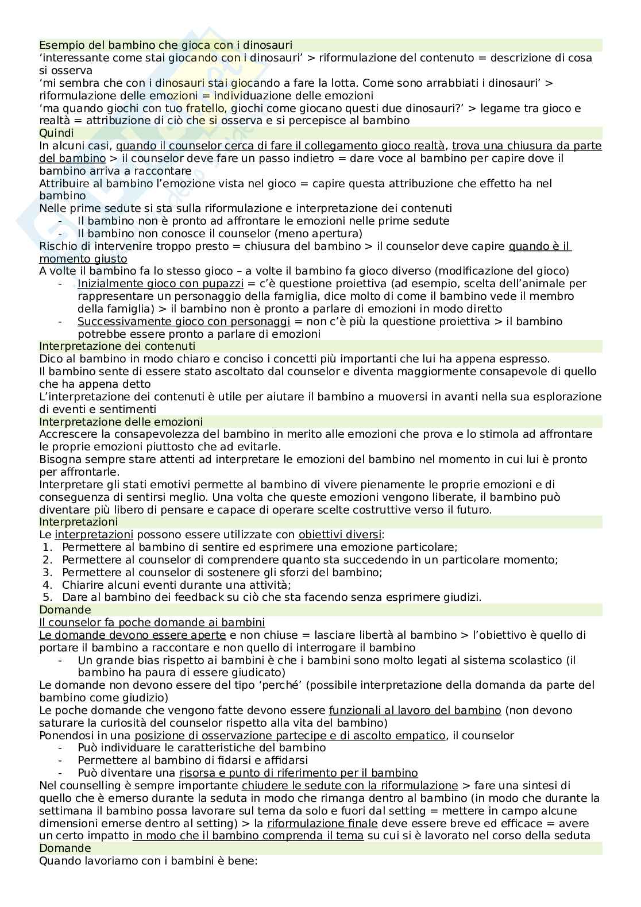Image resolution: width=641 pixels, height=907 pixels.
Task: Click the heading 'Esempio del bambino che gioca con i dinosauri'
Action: point(165,45)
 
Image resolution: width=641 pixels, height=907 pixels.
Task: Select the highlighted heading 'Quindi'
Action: point(56,133)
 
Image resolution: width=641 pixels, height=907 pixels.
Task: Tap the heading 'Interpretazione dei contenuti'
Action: point(117,346)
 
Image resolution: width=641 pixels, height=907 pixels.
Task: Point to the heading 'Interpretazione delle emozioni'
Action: point(121,422)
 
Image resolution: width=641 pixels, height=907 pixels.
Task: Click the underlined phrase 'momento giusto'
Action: point(83,259)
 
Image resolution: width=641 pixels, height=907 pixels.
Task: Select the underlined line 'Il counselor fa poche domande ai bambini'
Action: point(152,623)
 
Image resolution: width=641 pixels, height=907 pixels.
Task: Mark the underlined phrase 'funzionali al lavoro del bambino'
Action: point(415,711)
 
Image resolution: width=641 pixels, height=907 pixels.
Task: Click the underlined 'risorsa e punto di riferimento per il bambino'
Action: point(298,773)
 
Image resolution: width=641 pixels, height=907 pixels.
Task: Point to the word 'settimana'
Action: point(63,810)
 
